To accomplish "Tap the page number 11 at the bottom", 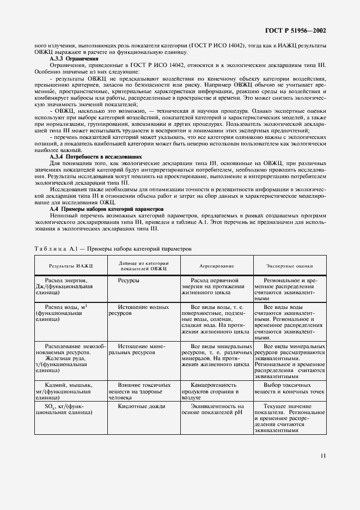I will [x=323, y=456].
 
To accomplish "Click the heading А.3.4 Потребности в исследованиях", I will [x=95, y=156].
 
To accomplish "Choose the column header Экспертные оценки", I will [x=289, y=266].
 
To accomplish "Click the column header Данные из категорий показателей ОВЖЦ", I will [x=144, y=266].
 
